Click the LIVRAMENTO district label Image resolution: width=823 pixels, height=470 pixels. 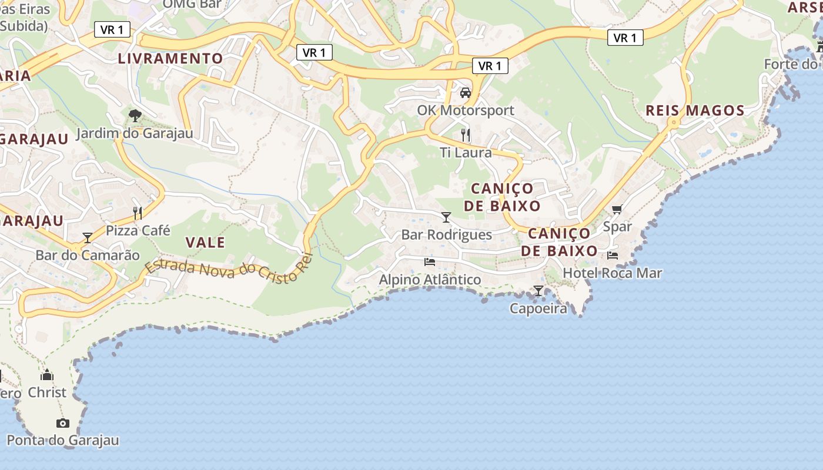pos(170,58)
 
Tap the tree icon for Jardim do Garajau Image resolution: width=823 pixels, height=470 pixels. pos(135,115)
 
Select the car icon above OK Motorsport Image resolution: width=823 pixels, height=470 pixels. pos(466,92)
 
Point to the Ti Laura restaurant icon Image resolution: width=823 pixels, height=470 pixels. pos(466,135)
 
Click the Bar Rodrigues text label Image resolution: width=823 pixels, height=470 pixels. pos(446,235)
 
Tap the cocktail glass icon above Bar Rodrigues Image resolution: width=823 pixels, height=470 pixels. pos(446,217)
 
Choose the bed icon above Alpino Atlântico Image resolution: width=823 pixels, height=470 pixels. pos(430,261)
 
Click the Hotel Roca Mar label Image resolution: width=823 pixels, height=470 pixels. pos(612,273)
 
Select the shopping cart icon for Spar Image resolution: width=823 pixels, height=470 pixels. pos(617,209)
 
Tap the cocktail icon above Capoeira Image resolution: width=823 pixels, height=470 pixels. pos(538,290)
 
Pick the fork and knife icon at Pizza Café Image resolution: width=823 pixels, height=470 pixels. pos(138,213)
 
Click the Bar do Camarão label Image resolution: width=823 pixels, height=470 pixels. pos(88,255)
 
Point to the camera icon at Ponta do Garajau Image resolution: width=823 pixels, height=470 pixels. pos(62,423)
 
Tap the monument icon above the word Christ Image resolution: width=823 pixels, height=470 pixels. pos(47,375)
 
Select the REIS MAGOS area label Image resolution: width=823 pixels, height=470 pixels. pos(695,110)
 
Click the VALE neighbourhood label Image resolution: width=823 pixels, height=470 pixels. pos(205,242)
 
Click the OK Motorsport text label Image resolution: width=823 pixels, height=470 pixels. pos(466,110)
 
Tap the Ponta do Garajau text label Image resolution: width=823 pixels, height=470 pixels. pos(62,440)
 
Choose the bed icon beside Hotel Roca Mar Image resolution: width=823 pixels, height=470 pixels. pos(613,256)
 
